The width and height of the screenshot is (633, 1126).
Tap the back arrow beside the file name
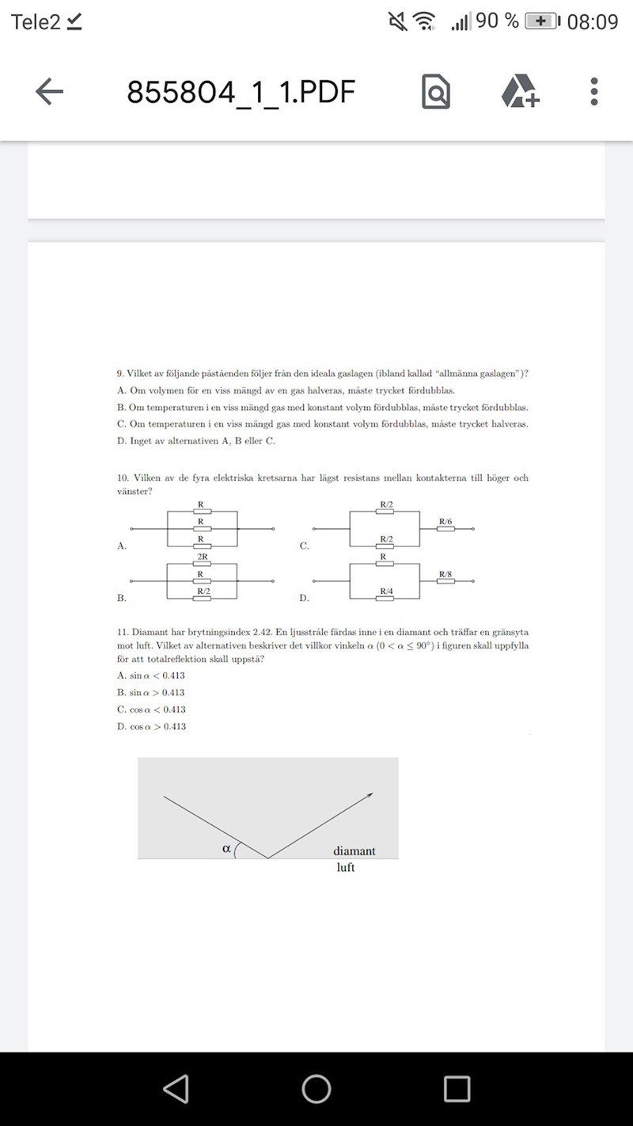coord(49,92)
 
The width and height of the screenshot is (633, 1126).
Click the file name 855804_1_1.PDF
coord(241,93)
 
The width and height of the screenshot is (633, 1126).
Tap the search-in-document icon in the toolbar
coord(436,92)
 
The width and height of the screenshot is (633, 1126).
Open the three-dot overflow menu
coord(594,92)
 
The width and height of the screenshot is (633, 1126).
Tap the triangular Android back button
coord(176,1089)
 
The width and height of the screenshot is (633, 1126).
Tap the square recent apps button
coord(457,1089)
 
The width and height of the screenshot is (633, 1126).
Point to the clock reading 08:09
coord(593,22)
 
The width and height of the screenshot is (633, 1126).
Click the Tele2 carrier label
coord(36,22)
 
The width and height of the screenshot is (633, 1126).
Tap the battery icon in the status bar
coord(542,21)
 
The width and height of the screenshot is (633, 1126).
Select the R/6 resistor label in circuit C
coord(446,521)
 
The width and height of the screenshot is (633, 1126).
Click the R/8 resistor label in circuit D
coord(446,573)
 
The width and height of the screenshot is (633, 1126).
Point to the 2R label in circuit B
coord(202,557)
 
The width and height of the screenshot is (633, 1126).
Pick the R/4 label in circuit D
coord(387,591)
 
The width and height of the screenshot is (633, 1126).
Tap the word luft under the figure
coord(346,868)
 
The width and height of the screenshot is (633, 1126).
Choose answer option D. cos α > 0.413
coord(152,726)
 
